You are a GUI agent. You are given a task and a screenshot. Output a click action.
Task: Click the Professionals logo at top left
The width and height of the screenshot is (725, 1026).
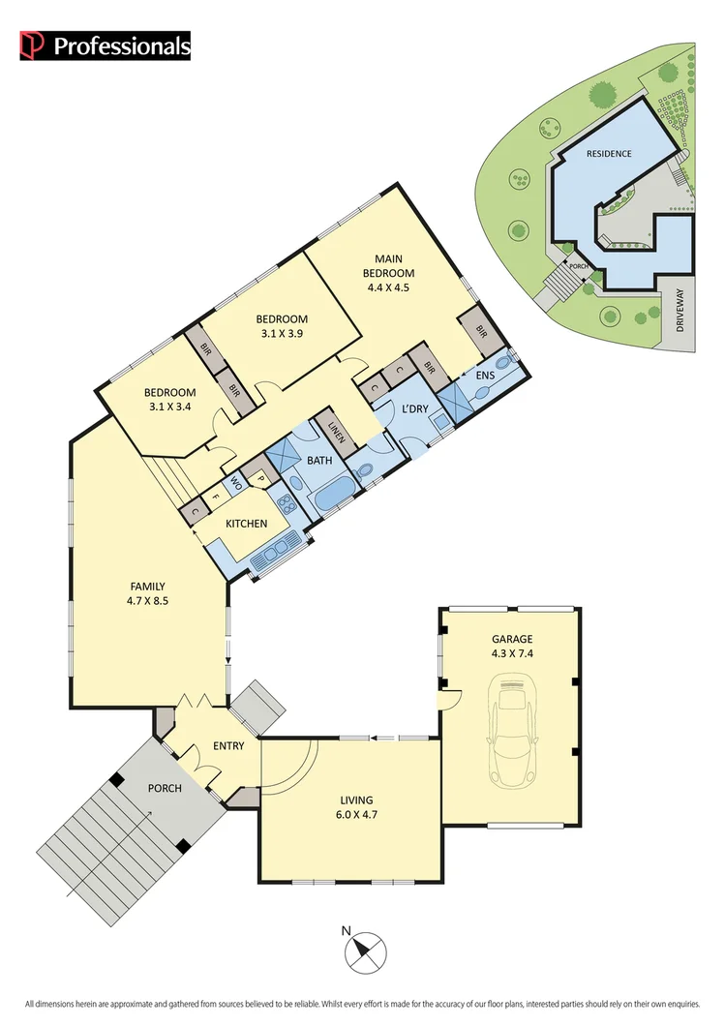point(106,45)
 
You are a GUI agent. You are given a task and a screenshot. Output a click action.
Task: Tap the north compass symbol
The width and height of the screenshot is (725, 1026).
point(365,951)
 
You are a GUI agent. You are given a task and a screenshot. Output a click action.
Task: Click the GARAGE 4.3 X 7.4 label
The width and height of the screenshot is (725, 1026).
point(510,647)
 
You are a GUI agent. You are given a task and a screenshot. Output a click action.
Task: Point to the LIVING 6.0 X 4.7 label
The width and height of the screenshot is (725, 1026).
point(356,807)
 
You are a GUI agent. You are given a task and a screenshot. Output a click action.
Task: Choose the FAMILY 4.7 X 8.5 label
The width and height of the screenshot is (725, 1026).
point(148,593)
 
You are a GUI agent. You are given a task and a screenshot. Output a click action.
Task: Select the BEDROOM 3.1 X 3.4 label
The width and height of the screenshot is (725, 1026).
point(170,399)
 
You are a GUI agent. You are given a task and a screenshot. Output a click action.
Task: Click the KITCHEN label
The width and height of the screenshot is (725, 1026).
point(247,524)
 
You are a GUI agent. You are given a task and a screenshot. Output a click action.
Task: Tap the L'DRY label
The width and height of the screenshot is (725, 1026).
point(414,410)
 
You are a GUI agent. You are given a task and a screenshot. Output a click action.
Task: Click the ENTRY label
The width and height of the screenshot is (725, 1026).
point(229,746)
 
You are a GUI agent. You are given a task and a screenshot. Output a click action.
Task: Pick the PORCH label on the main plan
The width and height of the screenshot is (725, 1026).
point(165,788)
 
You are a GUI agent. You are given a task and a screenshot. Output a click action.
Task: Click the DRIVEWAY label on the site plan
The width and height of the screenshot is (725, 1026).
point(680,313)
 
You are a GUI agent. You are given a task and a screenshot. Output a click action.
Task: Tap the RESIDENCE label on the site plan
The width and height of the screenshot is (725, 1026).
point(610,154)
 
